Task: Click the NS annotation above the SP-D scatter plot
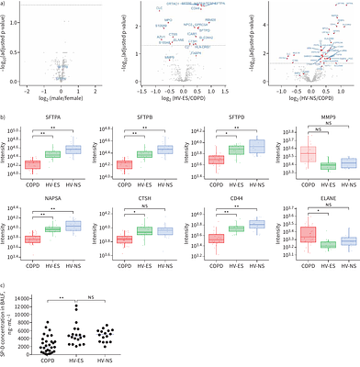click(x=101, y=272)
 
